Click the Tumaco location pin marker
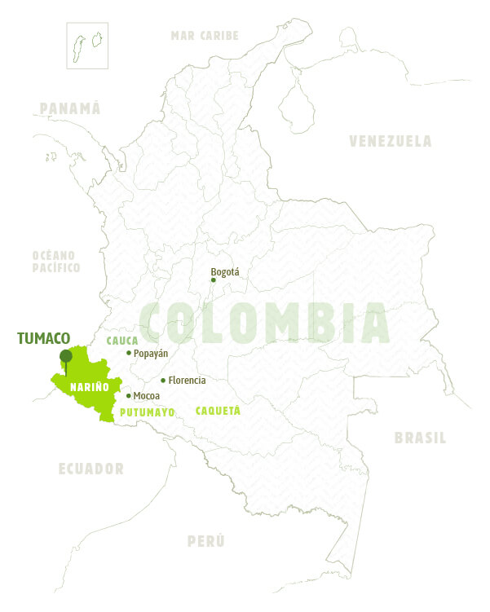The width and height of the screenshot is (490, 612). click(x=65, y=356)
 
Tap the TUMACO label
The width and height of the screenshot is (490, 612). click(x=43, y=338)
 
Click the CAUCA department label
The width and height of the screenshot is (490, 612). click(x=123, y=340)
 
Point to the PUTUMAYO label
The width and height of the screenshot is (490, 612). click(x=148, y=412)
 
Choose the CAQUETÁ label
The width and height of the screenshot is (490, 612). click(x=218, y=411)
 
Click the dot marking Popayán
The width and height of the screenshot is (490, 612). click(x=129, y=353)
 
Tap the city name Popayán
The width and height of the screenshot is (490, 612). click(x=151, y=353)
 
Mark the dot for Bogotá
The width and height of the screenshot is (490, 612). click(x=214, y=280)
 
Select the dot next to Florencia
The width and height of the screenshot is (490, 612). click(x=163, y=381)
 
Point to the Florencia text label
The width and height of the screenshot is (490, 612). click(x=187, y=381)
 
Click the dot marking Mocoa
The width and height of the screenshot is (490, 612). click(x=129, y=396)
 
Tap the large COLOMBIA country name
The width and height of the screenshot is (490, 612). click(x=264, y=322)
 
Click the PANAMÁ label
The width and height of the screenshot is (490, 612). click(x=69, y=108)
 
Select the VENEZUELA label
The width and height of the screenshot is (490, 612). click(x=391, y=141)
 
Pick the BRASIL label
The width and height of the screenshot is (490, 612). click(x=420, y=438)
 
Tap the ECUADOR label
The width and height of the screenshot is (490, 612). click(x=91, y=469)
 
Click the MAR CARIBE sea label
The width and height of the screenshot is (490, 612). click(x=205, y=35)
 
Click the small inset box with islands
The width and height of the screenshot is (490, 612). click(x=88, y=44)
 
